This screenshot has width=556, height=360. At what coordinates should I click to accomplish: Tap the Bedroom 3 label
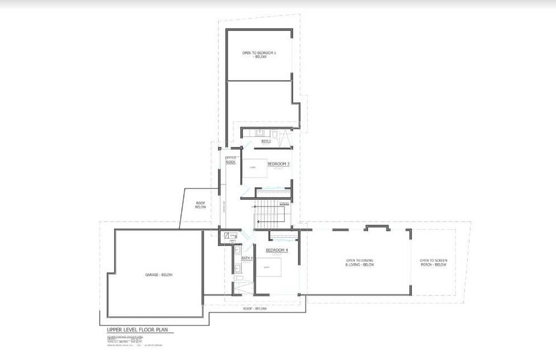click(279, 164)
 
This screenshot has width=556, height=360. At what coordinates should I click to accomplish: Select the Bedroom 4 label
click(277, 250)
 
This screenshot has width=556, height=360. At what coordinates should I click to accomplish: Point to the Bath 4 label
click(247, 258)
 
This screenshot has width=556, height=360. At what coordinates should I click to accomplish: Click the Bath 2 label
click(266, 141)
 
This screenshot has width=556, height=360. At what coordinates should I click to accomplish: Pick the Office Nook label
click(231, 160)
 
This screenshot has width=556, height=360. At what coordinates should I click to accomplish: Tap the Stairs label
click(285, 203)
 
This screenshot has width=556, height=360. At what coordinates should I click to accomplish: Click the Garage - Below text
click(159, 275)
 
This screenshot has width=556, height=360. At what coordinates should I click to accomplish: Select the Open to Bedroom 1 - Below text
click(259, 54)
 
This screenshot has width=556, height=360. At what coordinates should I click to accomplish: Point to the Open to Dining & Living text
click(360, 263)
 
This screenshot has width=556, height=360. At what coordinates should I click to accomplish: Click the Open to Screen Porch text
click(433, 263)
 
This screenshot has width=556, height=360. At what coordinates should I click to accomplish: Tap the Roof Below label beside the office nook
click(201, 205)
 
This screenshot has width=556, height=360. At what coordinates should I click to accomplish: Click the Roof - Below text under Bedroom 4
click(255, 308)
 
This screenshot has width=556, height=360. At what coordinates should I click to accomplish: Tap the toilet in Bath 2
click(274, 135)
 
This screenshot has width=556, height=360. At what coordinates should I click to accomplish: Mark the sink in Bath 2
click(260, 132)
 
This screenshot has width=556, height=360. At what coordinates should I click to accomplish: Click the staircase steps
click(268, 214)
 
